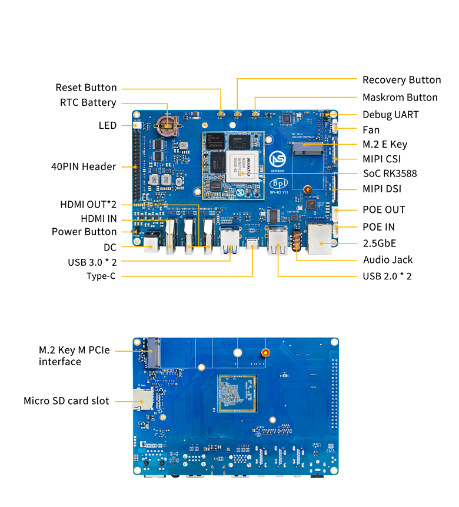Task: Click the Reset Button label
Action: (x=86, y=88)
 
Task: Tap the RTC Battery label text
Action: (x=88, y=103)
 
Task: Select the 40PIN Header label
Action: (x=83, y=166)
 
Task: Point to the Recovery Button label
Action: (x=401, y=80)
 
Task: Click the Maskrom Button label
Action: (x=400, y=98)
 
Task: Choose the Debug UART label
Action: (x=390, y=115)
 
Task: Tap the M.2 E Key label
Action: (x=384, y=144)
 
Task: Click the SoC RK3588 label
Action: (x=390, y=174)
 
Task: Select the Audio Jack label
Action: (x=388, y=259)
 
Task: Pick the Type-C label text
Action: (x=101, y=276)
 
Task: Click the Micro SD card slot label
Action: (x=66, y=401)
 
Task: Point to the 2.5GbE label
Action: (x=379, y=243)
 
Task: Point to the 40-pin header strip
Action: (x=137, y=166)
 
